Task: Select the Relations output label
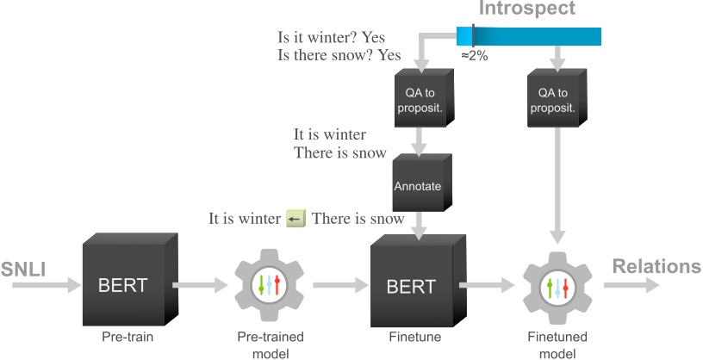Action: coord(656,267)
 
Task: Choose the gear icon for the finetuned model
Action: coord(559,284)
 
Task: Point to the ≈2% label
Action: coord(472,55)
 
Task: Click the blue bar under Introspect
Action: coord(534,35)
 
